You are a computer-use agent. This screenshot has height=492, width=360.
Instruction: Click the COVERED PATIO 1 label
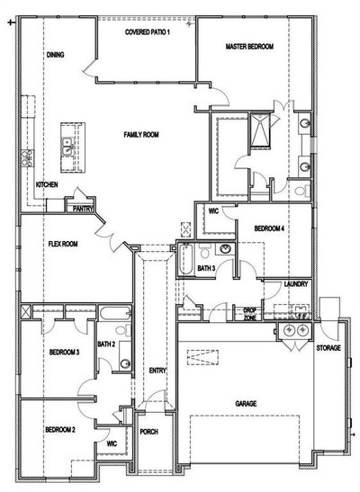(x=148, y=32)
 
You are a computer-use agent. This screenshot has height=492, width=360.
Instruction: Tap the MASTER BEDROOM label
(x=249, y=47)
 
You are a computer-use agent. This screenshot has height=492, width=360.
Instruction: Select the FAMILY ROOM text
(x=141, y=135)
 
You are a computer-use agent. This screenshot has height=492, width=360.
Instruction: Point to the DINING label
(x=55, y=55)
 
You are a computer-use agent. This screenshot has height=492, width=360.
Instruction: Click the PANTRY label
(x=83, y=209)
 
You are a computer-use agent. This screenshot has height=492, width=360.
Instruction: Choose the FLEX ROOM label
(x=63, y=244)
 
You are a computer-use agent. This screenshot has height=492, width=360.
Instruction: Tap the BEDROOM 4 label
(x=269, y=228)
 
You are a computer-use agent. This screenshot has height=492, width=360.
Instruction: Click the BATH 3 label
(x=206, y=268)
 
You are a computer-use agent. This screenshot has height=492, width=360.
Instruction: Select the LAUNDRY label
(x=296, y=284)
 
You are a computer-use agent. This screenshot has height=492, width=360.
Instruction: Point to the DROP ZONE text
(x=250, y=314)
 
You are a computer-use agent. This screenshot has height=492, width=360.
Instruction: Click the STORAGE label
(x=328, y=348)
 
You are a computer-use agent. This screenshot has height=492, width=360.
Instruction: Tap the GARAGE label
(x=246, y=404)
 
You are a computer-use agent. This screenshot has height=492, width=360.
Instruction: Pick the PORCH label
(x=148, y=432)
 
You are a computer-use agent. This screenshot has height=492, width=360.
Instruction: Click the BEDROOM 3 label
(x=64, y=352)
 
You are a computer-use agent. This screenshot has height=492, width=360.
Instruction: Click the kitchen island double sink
(x=67, y=147)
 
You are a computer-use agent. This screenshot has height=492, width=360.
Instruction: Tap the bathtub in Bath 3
(x=185, y=260)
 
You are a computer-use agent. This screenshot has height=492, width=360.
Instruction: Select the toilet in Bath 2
(x=123, y=330)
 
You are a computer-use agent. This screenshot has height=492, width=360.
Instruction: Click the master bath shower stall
(x=260, y=130)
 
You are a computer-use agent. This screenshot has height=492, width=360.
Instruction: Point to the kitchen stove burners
(x=27, y=157)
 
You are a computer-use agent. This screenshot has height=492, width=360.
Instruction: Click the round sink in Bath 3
(x=225, y=249)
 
